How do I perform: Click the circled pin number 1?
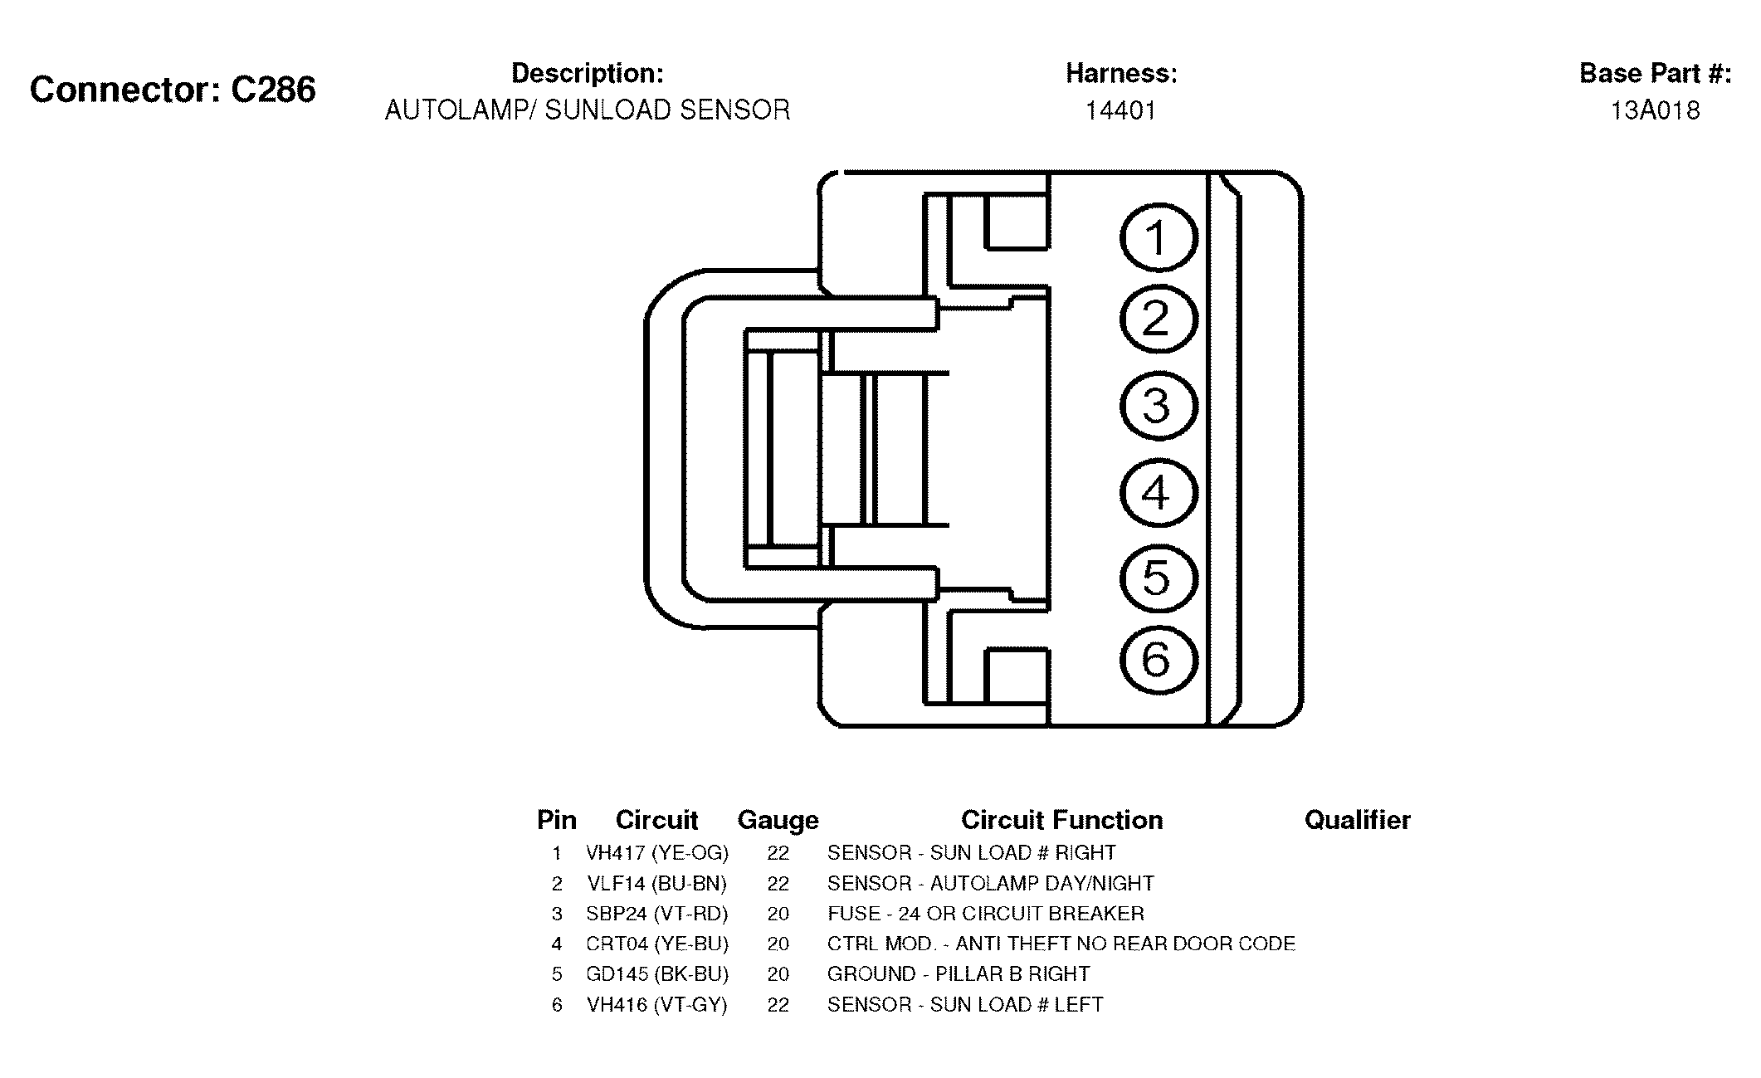coord(1159,238)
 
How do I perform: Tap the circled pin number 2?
coord(1159,319)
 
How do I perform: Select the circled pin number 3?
coord(1159,406)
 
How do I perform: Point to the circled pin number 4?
coord(1159,492)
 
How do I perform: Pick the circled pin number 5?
coord(1159,578)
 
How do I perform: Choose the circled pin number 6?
coord(1159,660)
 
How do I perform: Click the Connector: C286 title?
coord(173,90)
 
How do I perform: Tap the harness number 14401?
coord(1121,110)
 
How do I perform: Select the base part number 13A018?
coord(1655,110)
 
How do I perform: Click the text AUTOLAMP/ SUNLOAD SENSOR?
coord(588,110)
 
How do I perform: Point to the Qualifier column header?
coord(1357,820)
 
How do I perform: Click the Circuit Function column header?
coord(1061,820)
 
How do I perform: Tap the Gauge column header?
coord(778,820)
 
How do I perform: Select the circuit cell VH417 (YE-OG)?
coord(657,853)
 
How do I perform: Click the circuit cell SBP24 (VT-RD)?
coord(657,914)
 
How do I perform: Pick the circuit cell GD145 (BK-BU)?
coord(657,974)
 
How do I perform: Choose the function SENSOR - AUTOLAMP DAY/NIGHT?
coord(991,883)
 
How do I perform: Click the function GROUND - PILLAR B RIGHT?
coord(959,974)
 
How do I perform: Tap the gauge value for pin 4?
coord(778,944)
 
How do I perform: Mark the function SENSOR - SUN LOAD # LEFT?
coord(965,1005)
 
